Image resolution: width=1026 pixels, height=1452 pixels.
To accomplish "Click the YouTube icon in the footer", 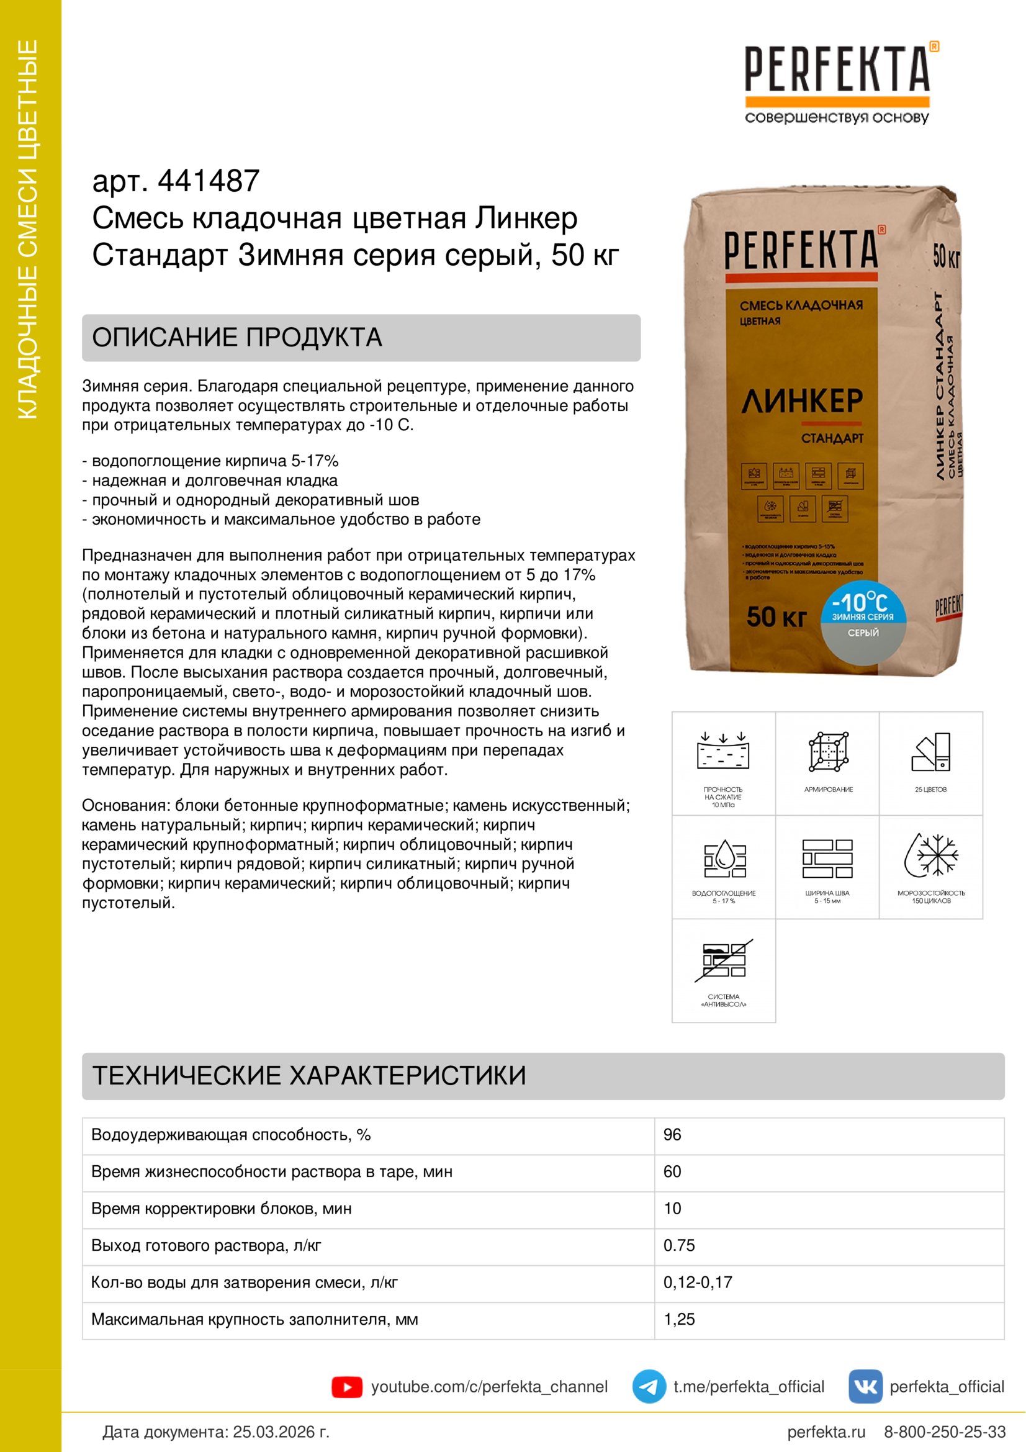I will pos(346,1387).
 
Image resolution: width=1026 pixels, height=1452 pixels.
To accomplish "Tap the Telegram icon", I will pos(649,1386).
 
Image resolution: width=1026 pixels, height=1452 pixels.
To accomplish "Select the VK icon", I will pos(865,1386).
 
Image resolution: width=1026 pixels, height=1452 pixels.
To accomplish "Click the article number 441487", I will pos(208,181).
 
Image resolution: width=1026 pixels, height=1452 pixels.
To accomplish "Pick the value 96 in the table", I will pos(672,1135).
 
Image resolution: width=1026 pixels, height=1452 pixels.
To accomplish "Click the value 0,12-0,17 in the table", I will pos(697,1282).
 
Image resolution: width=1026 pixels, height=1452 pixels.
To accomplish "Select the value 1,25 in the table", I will pos(679,1319).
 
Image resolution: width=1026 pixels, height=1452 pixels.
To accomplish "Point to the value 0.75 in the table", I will pos(679,1245).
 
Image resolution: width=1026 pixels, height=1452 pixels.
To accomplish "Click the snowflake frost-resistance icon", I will pos(930,855).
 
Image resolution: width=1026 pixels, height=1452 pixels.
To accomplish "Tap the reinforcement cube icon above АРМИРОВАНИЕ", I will pos(828,752).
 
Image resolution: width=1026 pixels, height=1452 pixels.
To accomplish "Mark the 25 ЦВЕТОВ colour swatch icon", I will pos(931,752).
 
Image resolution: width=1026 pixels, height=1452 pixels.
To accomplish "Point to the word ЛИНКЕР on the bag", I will pos(801,401).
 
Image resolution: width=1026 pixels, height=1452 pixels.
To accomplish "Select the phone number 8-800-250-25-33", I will pos(945,1432).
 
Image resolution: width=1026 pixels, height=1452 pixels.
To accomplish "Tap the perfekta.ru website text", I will pos(826,1432).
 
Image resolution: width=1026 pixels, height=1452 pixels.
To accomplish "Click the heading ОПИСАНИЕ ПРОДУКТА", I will pos(237,338).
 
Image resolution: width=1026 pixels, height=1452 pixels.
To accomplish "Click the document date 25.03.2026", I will pos(281,1432).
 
